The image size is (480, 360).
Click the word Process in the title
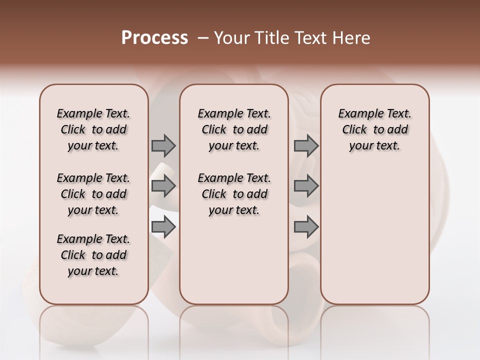(154, 38)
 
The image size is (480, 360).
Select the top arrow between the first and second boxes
(163, 145)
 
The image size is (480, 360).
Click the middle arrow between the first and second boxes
(163, 186)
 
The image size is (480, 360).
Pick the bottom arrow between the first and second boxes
(163, 227)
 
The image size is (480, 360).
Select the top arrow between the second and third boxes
(306, 145)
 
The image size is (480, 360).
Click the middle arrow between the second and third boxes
(306, 186)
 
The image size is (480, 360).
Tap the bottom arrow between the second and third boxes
(306, 227)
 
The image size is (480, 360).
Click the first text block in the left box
(93, 129)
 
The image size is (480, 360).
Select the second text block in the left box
(93, 194)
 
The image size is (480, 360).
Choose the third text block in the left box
(93, 255)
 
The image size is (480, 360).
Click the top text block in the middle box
(234, 129)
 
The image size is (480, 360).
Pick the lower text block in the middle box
(234, 194)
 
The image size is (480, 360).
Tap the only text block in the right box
(374, 129)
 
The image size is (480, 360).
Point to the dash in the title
(203, 38)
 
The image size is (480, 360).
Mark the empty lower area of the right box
(374, 230)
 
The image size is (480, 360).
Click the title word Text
(311, 38)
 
